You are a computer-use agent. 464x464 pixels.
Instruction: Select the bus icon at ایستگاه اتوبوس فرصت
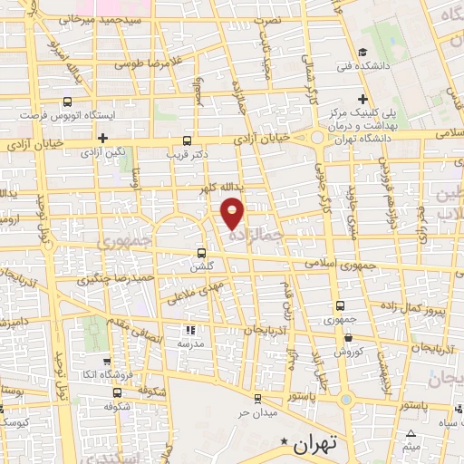click(67, 102)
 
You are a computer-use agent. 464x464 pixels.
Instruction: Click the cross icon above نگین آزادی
click(104, 138)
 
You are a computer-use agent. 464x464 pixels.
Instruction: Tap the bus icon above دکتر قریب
click(187, 140)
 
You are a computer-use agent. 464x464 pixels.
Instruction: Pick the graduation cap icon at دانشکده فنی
click(362, 53)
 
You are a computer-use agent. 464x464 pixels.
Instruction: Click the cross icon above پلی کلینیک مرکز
click(362, 98)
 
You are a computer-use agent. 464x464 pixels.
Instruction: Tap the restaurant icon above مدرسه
click(190, 331)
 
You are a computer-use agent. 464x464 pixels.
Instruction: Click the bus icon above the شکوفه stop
click(118, 392)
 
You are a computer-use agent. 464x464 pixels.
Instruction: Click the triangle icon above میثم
click(412, 433)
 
